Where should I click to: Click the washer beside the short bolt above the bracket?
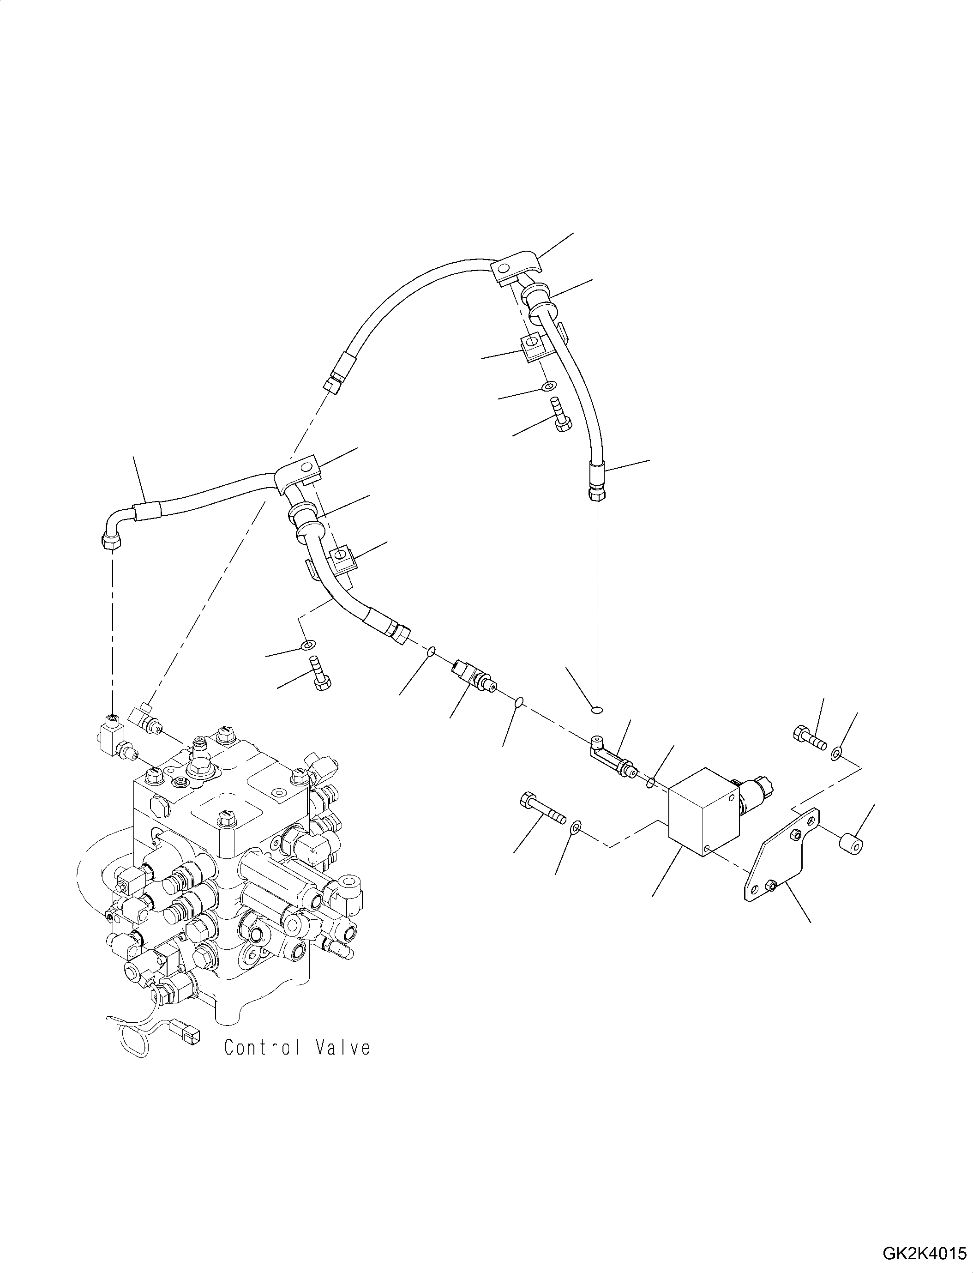(837, 753)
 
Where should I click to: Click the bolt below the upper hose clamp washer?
(559, 414)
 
